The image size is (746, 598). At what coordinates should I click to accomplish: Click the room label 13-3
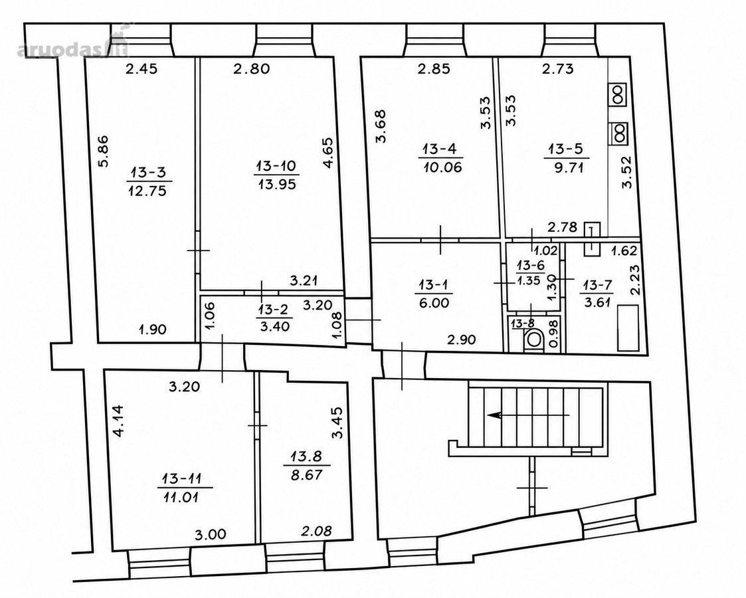coord(149,171)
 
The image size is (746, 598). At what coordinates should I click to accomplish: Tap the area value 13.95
coord(277,183)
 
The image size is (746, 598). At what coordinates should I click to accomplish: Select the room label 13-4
coord(440,149)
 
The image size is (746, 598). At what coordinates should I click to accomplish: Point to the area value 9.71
coord(569,167)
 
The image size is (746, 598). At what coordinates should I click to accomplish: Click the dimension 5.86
coord(104,151)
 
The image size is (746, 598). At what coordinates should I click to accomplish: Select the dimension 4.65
coord(328,153)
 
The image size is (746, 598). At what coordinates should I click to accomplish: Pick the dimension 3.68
coord(381,126)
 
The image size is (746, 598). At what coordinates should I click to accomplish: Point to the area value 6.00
coord(434,303)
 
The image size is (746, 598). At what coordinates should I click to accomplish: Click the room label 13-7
coord(598,286)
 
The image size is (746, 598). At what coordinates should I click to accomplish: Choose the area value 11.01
coord(181,498)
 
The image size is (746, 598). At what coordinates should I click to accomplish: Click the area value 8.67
coord(307,474)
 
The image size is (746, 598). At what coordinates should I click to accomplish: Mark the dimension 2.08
coord(316,530)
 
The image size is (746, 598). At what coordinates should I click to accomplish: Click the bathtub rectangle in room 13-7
coord(628,329)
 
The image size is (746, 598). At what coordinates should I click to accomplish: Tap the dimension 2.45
coord(141,69)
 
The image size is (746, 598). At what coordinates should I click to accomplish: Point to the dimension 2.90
coord(461,340)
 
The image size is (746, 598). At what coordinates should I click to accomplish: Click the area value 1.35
coord(529,280)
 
